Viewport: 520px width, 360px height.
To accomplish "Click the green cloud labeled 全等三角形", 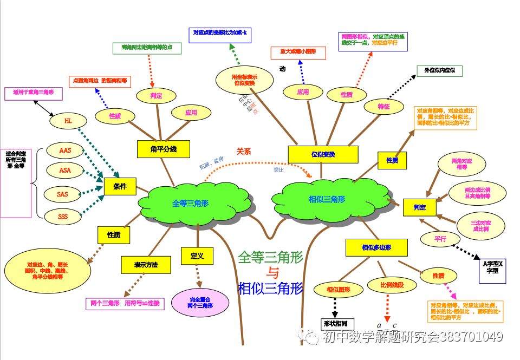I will pos(191,203).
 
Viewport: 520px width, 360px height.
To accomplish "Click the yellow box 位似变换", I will pos(323,154).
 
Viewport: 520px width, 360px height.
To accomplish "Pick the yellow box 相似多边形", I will pos(376,247).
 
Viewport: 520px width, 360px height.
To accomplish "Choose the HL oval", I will pos(68,121).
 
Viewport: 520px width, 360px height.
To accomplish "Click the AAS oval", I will pos(64,149).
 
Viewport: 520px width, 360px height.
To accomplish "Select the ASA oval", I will pos(64,171).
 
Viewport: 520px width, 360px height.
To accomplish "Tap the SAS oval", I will pos(63,193).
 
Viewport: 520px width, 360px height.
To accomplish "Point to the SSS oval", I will pos(63,218).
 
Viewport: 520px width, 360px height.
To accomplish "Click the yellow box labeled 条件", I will pos(120,186).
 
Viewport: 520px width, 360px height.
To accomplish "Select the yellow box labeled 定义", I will pos(197,256).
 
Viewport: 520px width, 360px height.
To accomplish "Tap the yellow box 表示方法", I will pos(146,265).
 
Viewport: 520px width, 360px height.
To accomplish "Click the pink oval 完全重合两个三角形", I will pos(200,303).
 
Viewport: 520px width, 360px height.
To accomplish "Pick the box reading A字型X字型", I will pos(493,268).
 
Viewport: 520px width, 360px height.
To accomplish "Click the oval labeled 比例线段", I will pos(386,285).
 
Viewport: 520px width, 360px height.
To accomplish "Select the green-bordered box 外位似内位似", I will pos(439,70).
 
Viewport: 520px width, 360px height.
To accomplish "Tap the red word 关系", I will pos(244,152).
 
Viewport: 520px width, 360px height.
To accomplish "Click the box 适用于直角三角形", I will pos(34,92).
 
